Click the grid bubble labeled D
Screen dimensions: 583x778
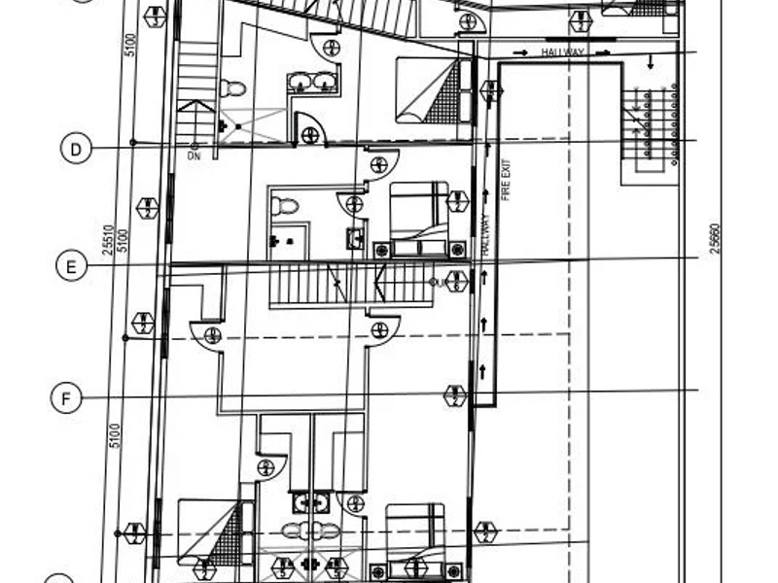coord(76,149)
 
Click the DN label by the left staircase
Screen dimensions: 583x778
coord(194,155)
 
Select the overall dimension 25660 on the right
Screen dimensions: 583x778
coord(715,238)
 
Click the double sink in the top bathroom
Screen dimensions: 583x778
coord(312,83)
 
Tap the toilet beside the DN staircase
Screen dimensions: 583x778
coord(233,88)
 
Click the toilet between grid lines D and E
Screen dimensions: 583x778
coord(285,206)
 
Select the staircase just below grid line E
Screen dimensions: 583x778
coord(321,285)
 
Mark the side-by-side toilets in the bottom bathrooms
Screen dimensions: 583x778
coord(311,531)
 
